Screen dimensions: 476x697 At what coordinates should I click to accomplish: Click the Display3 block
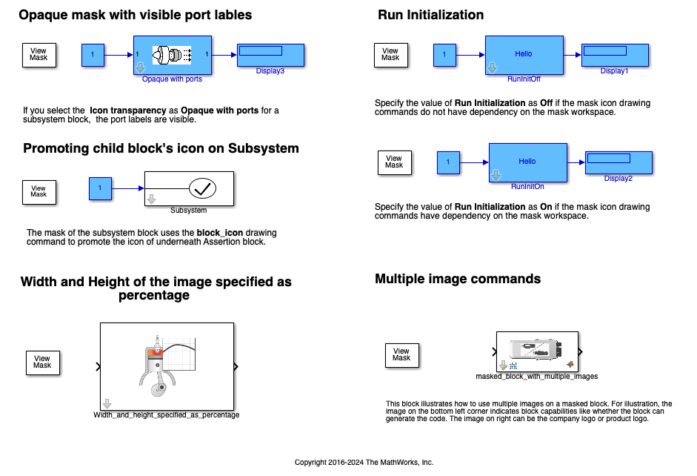[271, 55]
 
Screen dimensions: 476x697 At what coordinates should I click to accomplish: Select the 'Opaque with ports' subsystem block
[173, 54]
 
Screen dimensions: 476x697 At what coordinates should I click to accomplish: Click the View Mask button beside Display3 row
[39, 55]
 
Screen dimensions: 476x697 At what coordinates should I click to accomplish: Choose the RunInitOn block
[527, 162]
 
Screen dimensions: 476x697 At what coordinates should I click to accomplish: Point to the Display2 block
[618, 162]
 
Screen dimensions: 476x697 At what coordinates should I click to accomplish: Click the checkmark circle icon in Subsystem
[201, 189]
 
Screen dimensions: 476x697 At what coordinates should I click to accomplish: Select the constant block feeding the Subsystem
[100, 188]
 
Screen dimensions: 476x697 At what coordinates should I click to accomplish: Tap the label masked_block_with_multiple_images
[536, 377]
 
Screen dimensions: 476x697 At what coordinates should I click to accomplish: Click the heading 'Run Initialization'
[430, 15]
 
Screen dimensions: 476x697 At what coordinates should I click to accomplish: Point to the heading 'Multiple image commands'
[458, 279]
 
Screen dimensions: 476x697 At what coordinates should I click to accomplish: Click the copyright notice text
[364, 462]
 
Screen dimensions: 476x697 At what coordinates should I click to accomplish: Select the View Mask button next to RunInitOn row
[394, 162]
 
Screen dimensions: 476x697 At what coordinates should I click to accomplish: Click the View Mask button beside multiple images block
[401, 354]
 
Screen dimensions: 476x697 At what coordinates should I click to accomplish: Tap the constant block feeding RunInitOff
[444, 54]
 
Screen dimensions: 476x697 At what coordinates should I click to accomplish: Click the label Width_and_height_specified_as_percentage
[167, 415]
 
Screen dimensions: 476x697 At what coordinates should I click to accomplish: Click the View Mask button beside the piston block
[42, 362]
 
